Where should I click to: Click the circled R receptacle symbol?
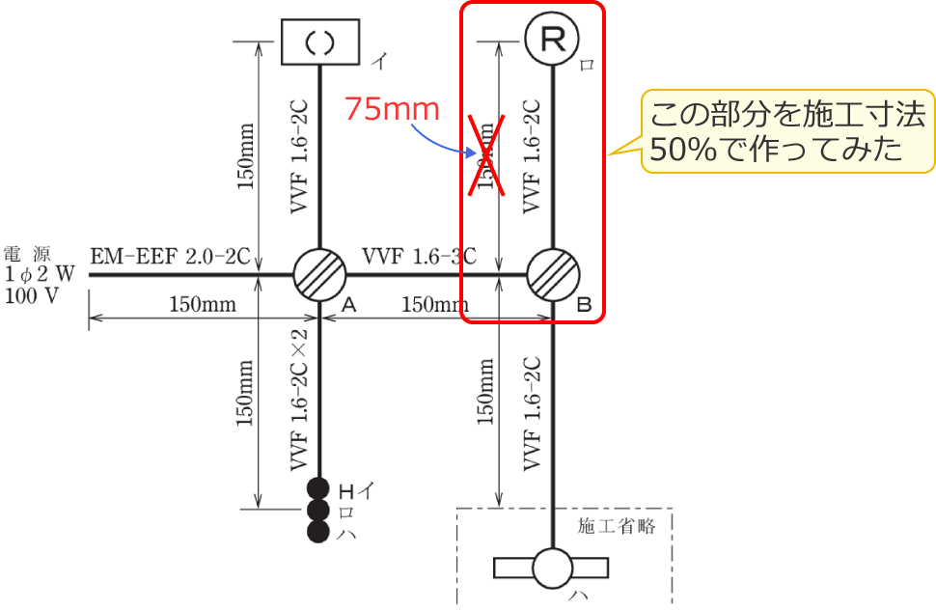[x=551, y=39]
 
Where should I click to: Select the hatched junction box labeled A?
[x=318, y=274]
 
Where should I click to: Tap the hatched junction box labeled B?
[x=552, y=274]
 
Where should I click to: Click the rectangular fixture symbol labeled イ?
[x=319, y=42]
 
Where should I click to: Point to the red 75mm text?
[x=393, y=109]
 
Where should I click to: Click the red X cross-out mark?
[x=487, y=154]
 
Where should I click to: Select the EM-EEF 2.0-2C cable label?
[x=171, y=257]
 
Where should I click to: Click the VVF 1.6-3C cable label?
[x=420, y=257]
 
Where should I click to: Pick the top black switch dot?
[x=319, y=489]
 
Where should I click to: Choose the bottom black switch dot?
[x=319, y=532]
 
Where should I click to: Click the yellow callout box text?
[x=787, y=132]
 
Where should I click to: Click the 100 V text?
[x=32, y=295]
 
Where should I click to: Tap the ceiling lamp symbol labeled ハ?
[x=553, y=568]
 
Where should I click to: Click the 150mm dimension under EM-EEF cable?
[x=203, y=305]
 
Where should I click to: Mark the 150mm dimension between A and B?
[x=434, y=305]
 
